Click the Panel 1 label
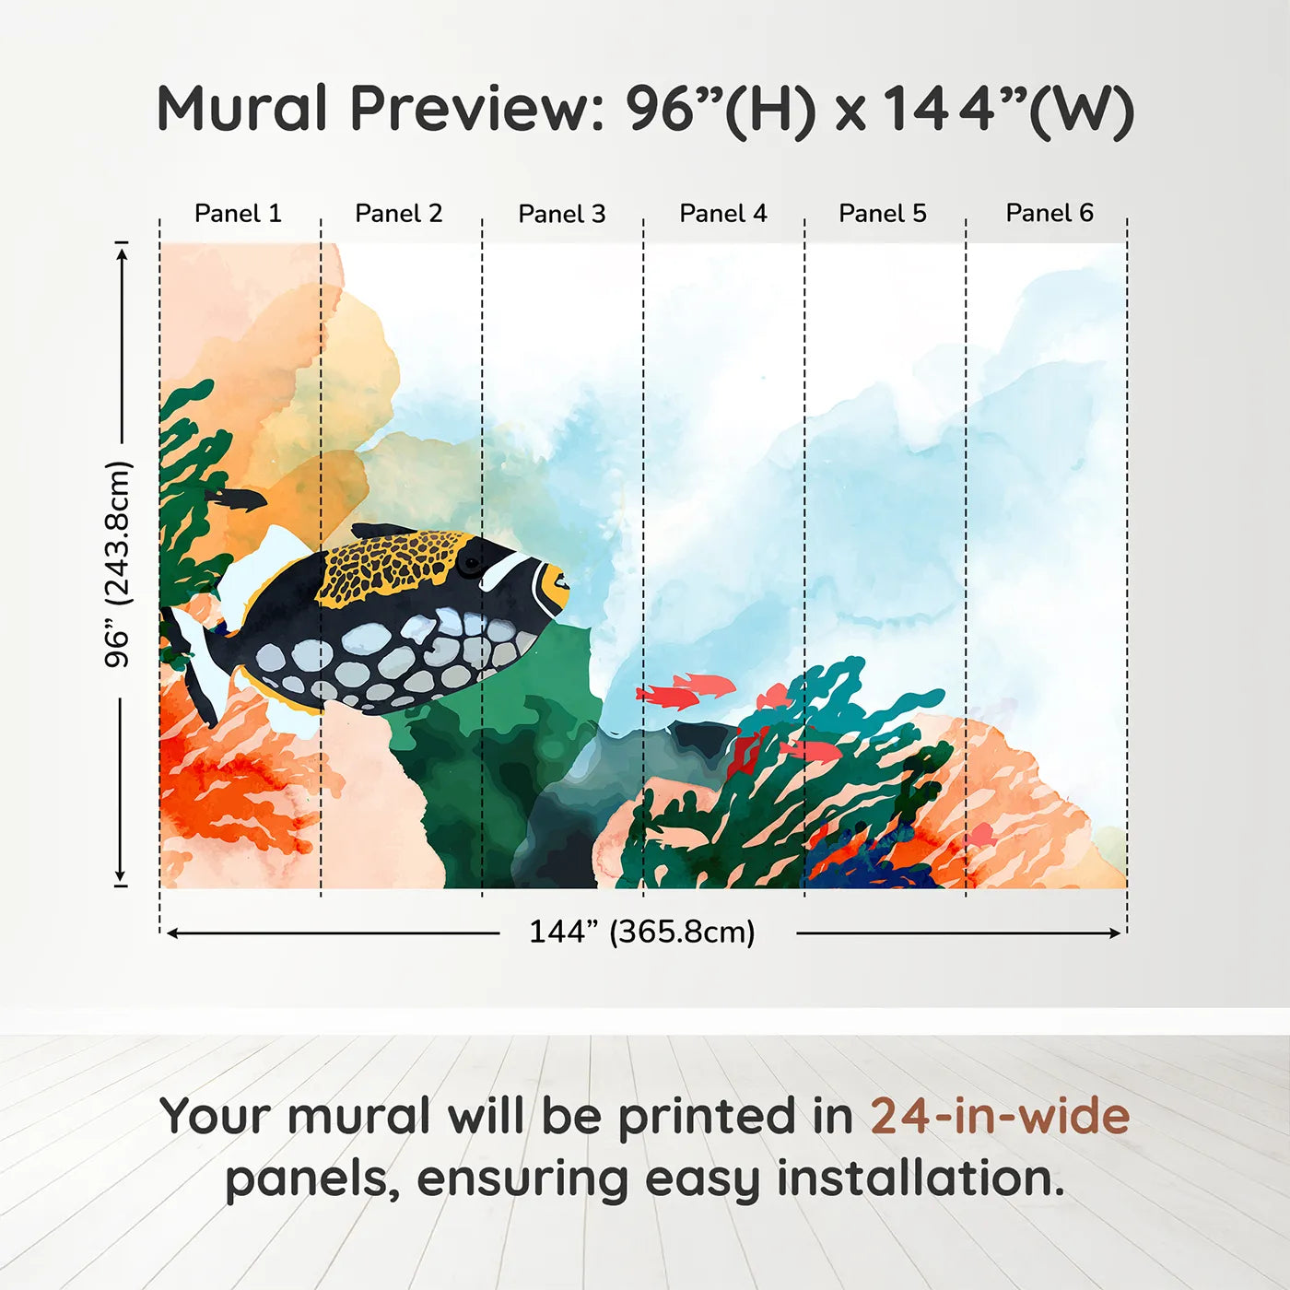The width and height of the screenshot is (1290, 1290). coord(238,214)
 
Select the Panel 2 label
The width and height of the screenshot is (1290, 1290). coord(398,214)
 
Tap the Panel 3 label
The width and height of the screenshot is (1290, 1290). coord(561,215)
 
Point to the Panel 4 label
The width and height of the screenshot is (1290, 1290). coord(722,214)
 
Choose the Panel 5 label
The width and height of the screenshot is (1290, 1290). coord(882,214)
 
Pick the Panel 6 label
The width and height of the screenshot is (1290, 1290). coord(1049,214)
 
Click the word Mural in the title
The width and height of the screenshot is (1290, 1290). coord(241,109)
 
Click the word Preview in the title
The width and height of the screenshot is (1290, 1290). coord(475,109)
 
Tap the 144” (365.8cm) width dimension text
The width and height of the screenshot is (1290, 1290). coord(641,932)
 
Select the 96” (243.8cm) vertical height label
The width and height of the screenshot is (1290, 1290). coord(118,564)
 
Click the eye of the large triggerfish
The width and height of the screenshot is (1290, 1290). coord(471,562)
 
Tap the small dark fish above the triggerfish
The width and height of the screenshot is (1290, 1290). coord(238,499)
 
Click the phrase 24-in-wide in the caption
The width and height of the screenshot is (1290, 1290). coord(999,1117)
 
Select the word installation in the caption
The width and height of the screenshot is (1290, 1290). coord(920,1179)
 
